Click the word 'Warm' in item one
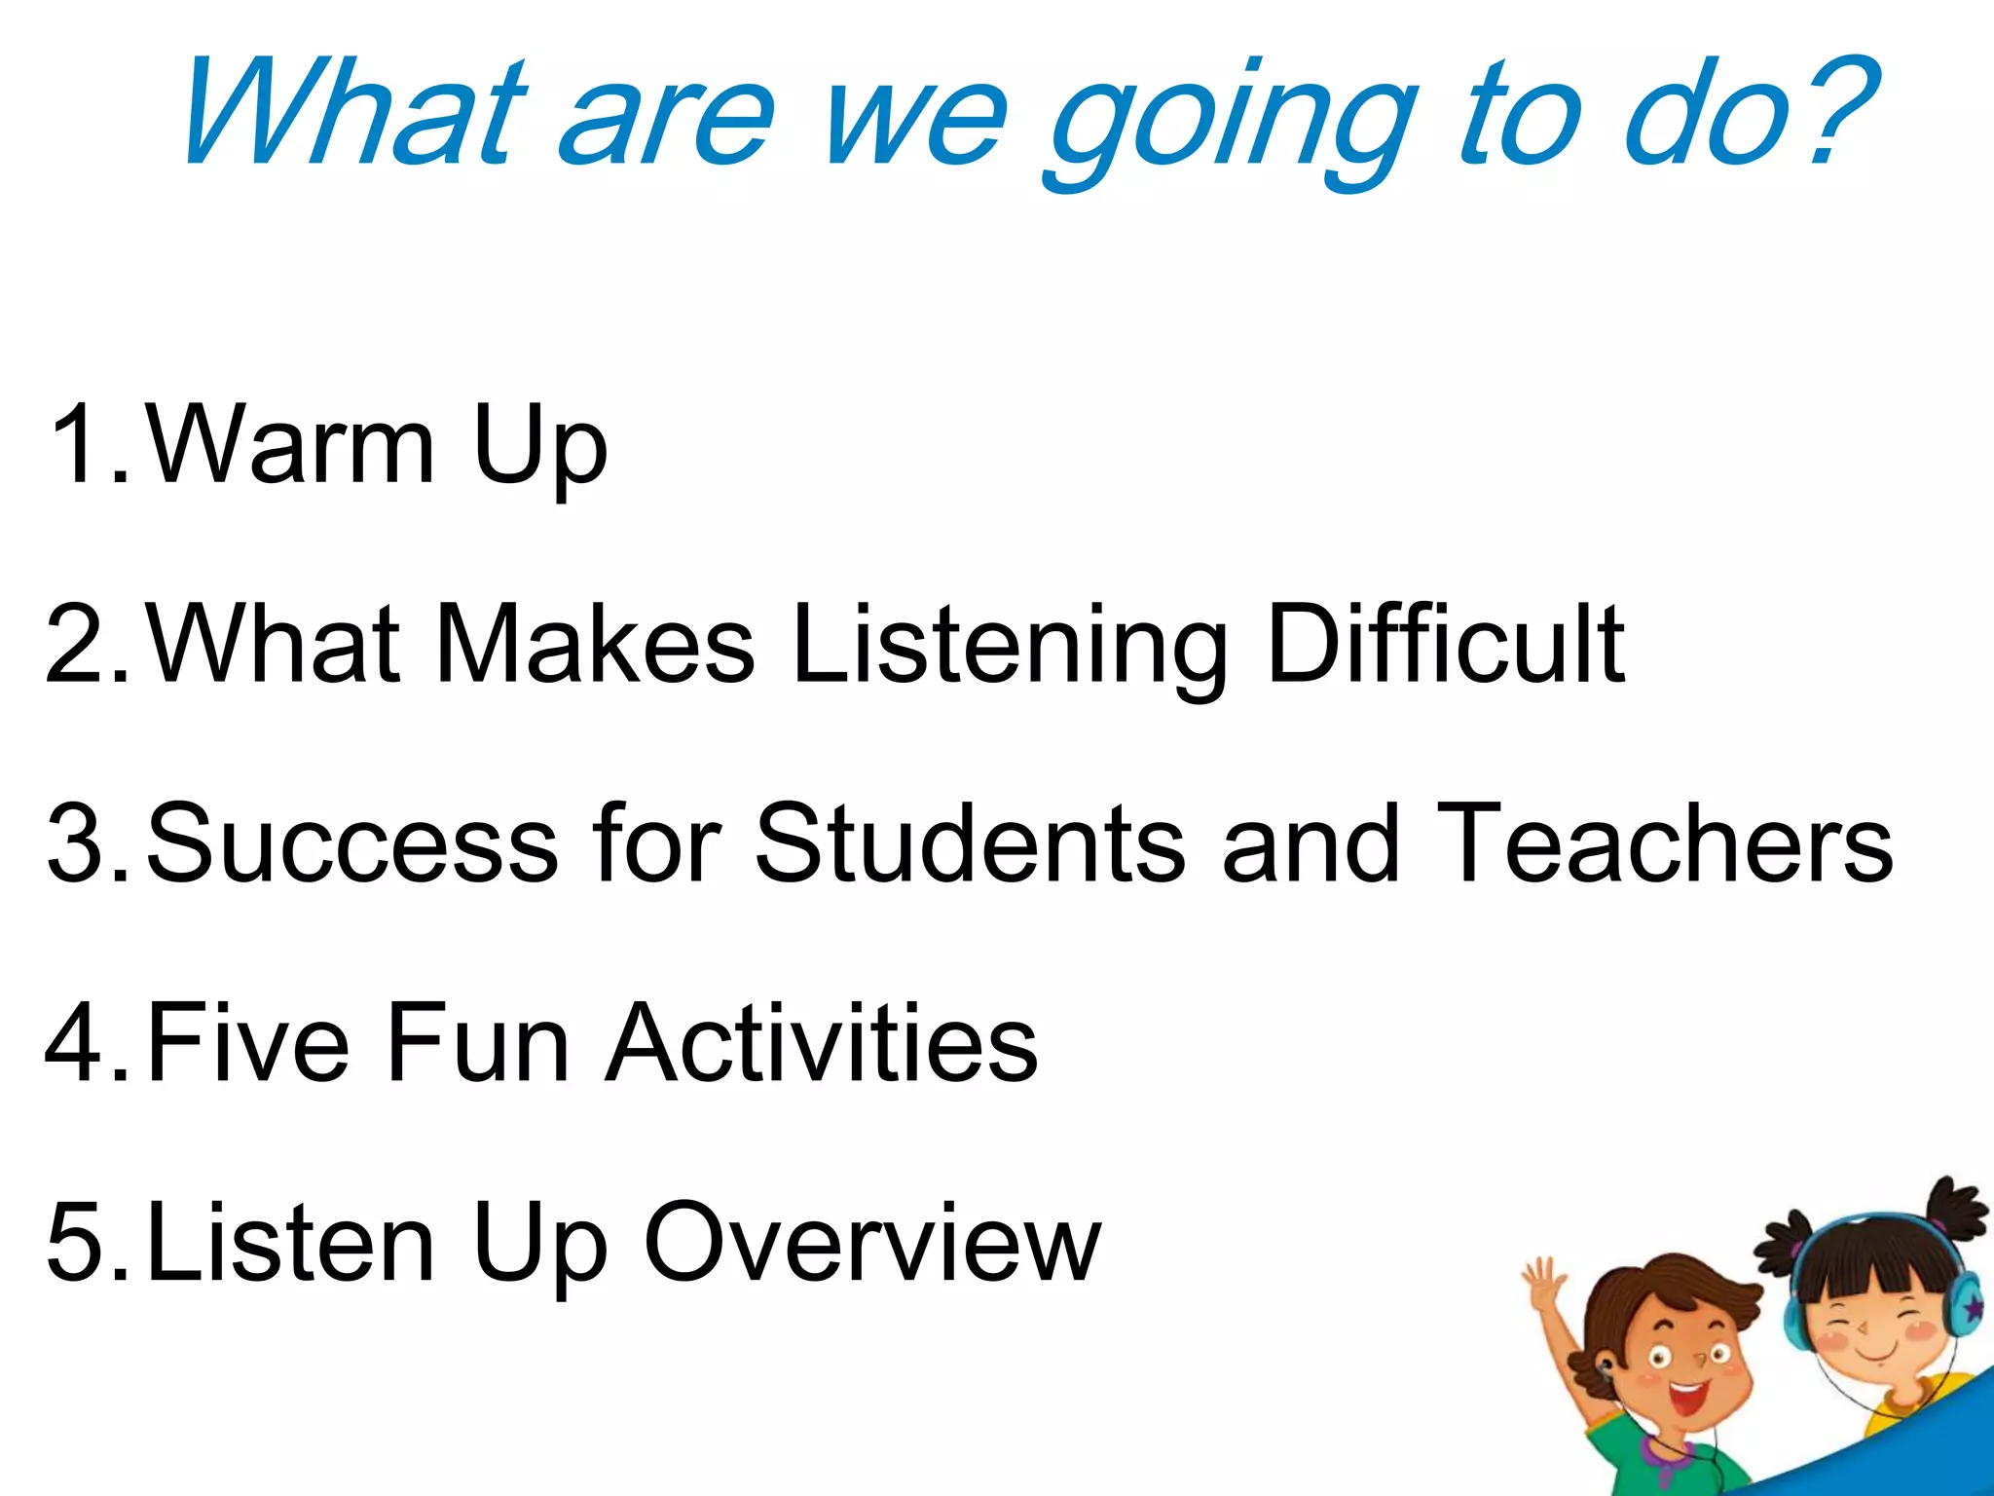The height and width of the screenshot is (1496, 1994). (290, 443)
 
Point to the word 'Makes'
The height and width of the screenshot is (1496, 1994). (595, 643)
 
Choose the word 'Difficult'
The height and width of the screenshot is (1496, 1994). (1445, 643)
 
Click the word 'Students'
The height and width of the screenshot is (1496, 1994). (970, 843)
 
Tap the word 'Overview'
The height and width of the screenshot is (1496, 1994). (871, 1243)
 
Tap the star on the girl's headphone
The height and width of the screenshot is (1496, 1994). (1971, 1305)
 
